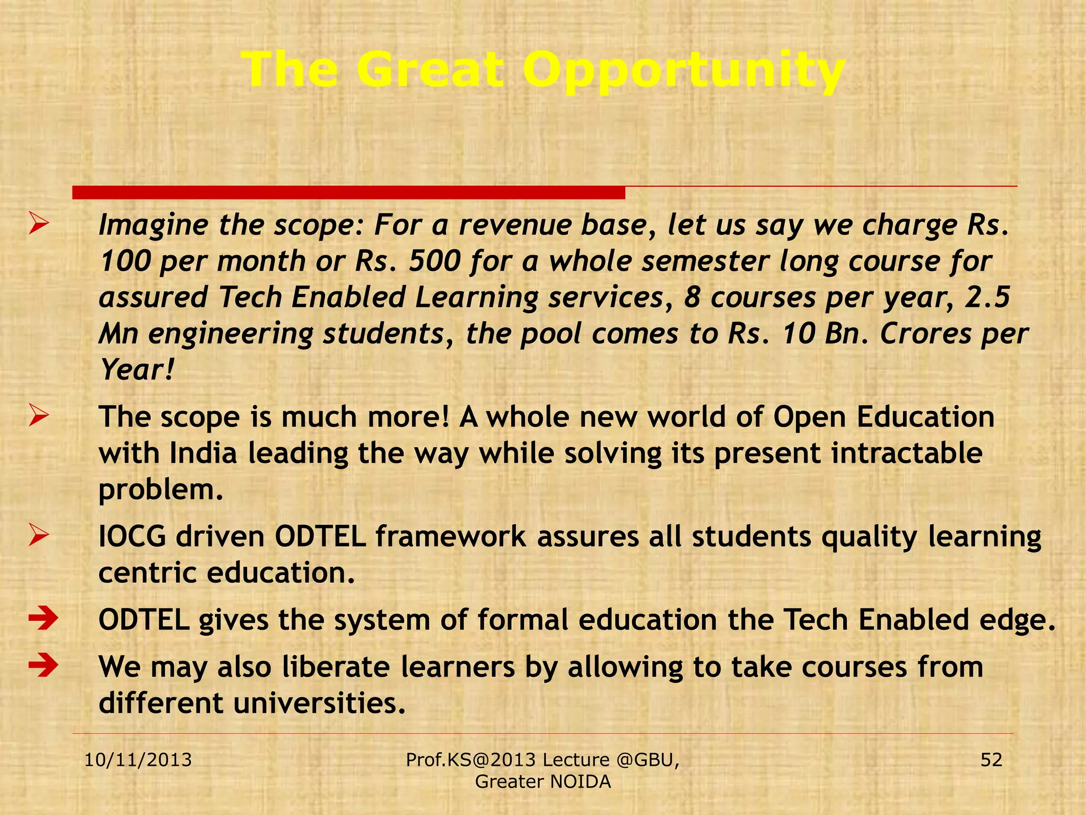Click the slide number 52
(991, 760)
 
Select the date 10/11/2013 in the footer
(138, 760)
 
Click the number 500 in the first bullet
(434, 261)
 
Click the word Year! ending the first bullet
(137, 370)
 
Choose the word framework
(451, 536)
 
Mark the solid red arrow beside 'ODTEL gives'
(43, 619)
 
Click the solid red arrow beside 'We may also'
(43, 666)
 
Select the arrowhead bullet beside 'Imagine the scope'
(39, 223)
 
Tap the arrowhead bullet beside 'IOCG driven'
(39, 535)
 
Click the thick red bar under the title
(348, 193)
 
